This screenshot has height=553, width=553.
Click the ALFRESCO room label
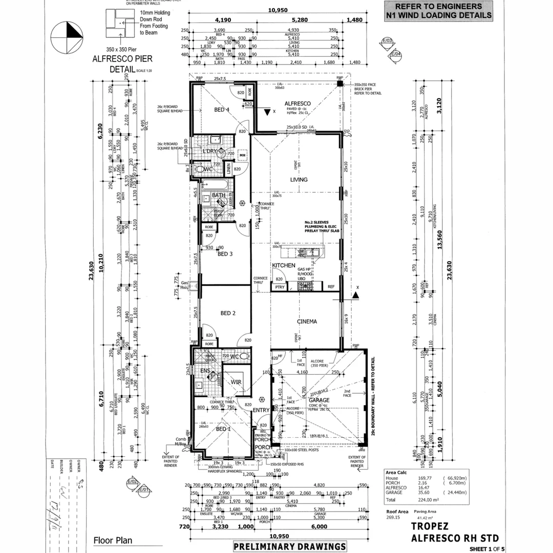pos(297,103)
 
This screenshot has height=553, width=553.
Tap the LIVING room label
pos(299,180)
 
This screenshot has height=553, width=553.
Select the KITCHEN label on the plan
pos(283,265)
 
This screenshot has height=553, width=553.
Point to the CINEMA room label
pos(307,322)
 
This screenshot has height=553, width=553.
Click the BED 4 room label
pos(221,110)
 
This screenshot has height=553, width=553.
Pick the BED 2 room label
pos(227,313)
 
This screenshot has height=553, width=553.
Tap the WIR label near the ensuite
pos(236,381)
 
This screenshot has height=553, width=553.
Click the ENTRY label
pos(261,410)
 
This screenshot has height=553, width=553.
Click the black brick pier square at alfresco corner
pos(339,84)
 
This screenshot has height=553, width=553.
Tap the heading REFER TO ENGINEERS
pos(439,7)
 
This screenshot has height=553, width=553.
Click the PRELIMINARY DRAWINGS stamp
pos(289,546)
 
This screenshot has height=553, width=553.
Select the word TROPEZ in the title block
pos(430,526)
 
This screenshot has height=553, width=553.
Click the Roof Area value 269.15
pos(393,517)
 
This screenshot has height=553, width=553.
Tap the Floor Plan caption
pos(112,540)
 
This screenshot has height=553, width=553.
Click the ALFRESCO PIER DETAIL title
pos(116,63)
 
